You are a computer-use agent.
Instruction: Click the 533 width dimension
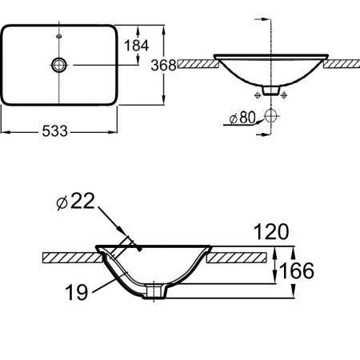pos(54,131)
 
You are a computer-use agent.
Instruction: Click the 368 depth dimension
pos(163,65)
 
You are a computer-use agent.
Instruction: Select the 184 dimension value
pos(136,46)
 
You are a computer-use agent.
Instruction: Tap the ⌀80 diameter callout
pos(242,118)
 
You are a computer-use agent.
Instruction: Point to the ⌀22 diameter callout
pos(76,201)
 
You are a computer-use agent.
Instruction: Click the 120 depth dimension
pos(271,231)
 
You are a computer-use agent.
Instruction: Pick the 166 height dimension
pos(298,270)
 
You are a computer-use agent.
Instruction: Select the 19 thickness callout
pos(77,292)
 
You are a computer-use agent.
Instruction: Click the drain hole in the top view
pos(59,65)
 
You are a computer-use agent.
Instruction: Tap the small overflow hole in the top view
pos(59,36)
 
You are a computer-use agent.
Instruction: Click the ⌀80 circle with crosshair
pos(271,116)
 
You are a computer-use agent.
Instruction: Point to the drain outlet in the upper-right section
pos(271,90)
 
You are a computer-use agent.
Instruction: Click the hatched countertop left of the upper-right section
pos(198,64)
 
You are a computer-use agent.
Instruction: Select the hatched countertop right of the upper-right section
pos(342,64)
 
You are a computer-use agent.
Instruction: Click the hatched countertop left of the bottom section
pos(72,258)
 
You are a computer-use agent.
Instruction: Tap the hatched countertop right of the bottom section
pos(237,258)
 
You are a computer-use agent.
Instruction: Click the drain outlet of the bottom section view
pos(155,291)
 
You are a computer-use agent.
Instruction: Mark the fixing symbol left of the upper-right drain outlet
pos(258,95)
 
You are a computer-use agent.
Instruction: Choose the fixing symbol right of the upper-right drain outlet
pos(284,95)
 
